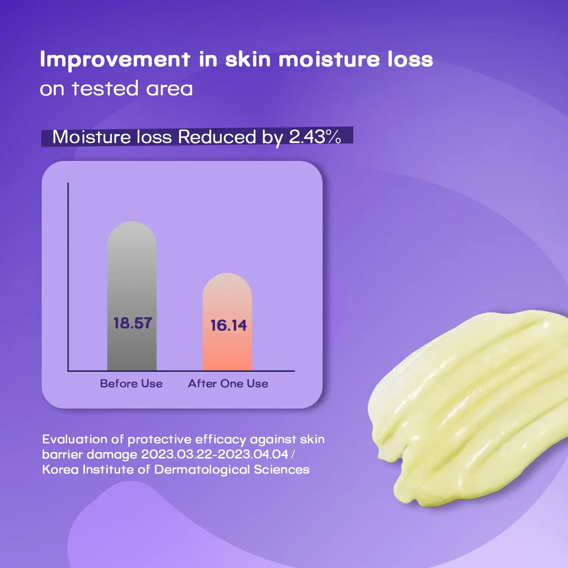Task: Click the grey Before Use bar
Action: tap(132, 296)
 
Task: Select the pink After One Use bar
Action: tap(227, 322)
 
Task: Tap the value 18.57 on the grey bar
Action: tap(133, 323)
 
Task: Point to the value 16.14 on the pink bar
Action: tap(228, 325)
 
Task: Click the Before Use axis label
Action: tap(131, 384)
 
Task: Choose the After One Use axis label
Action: tap(228, 384)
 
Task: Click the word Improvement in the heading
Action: tap(115, 60)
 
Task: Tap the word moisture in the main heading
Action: tap(329, 59)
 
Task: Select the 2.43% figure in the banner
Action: tap(315, 137)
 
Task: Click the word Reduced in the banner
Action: tap(217, 137)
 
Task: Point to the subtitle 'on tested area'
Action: tap(116, 89)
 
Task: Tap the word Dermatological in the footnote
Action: tap(202, 470)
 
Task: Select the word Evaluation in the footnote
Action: tap(75, 439)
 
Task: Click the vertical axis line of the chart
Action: tap(68, 277)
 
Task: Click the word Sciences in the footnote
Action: tap(282, 470)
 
